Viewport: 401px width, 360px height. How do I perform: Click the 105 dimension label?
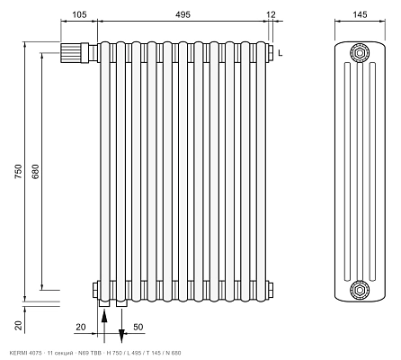pos(79,14)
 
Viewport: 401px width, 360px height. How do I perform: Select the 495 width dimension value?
pos(183,14)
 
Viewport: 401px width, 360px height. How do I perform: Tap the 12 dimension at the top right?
pos(271,14)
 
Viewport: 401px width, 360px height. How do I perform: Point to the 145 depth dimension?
pos(360,14)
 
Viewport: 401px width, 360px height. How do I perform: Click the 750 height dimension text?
pos(19,171)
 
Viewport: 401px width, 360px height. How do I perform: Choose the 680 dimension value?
pos(35,171)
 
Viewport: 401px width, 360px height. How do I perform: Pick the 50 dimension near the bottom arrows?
pos(138,327)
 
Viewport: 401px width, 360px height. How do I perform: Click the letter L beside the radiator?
pos(281,53)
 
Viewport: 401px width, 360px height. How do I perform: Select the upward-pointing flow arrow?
pos(104,327)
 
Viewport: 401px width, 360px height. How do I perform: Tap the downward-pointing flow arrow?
pos(121,326)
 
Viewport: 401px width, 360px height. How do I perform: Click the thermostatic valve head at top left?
pos(71,53)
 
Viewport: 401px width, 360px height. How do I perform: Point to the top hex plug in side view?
pos(360,53)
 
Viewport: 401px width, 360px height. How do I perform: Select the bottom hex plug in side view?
pos(360,290)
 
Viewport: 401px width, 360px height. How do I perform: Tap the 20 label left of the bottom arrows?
pos(81,327)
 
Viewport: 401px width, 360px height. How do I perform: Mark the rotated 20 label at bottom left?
pos(19,325)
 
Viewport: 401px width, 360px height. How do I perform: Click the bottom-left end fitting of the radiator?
pos(95,290)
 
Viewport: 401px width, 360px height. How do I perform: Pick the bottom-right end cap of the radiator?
pos(270,290)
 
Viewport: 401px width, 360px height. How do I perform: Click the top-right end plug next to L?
pos(271,53)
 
